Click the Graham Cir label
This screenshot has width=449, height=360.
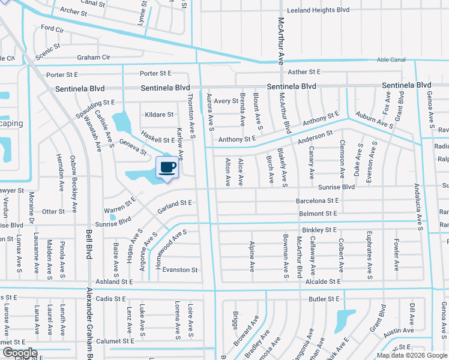point(93,58)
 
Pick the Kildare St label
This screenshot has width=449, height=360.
point(159,115)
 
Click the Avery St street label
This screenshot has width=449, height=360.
point(226,101)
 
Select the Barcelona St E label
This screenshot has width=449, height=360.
point(317,200)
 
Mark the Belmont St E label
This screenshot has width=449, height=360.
point(318,214)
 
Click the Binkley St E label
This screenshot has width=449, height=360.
point(319,230)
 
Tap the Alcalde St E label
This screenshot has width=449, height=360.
point(322,281)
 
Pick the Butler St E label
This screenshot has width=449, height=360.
point(324,298)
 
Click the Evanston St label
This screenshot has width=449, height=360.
point(180,270)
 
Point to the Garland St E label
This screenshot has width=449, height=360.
point(174,206)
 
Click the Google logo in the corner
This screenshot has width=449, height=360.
point(19,353)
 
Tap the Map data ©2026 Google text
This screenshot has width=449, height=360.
point(412,355)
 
